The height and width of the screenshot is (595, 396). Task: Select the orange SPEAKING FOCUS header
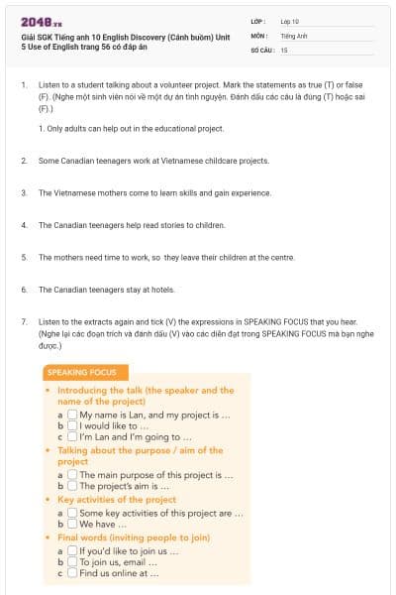81,373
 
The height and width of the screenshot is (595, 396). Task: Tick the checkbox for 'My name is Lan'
73,415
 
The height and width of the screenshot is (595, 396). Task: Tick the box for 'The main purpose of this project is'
73,475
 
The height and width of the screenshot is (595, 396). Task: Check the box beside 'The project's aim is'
73,487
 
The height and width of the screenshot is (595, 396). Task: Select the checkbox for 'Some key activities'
73,513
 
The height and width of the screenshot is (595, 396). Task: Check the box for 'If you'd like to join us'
73,550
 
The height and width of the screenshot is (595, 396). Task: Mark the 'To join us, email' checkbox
73,562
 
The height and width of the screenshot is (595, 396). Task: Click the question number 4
23,225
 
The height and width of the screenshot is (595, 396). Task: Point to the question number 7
23,322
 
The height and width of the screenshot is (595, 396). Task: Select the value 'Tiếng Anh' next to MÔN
295,35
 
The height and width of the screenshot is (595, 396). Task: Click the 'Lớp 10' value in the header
290,21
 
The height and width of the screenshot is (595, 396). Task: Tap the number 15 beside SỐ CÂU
284,50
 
